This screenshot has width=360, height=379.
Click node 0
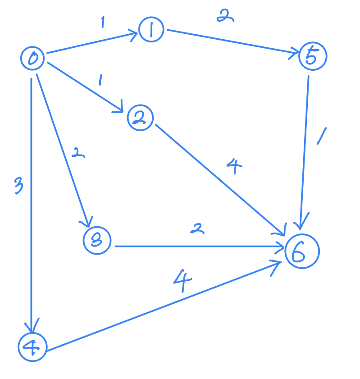(32, 59)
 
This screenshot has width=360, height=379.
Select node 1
(152, 30)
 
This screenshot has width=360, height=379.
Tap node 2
(140, 118)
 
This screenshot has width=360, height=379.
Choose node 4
(32, 347)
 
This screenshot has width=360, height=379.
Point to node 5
(312, 56)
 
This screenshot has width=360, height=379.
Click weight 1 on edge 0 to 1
(103, 22)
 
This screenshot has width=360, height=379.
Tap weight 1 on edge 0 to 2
(100, 81)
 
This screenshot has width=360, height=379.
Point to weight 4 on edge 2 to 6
(234, 168)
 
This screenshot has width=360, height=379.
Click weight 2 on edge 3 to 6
(196, 229)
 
